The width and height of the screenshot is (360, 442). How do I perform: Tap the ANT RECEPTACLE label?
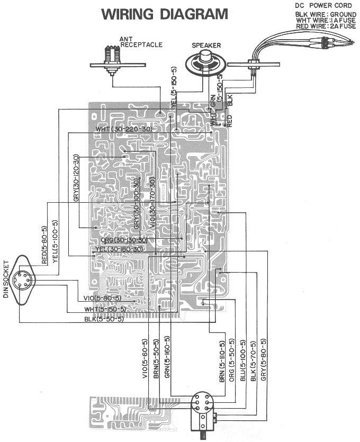click(141, 42)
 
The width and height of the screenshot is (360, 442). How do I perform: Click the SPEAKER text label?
click(206, 46)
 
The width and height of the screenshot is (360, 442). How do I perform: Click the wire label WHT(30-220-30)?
click(124, 129)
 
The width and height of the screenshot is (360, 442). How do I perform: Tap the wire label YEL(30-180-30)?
click(119, 249)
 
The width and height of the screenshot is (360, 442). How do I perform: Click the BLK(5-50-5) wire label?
click(104, 319)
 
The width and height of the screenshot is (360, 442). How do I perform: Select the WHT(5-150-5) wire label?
click(105, 309)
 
